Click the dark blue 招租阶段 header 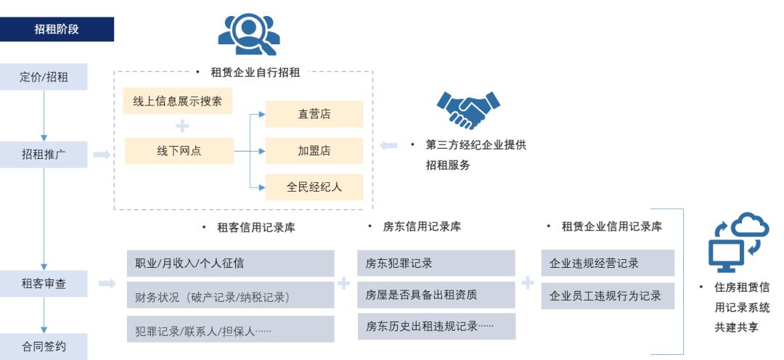click(x=57, y=29)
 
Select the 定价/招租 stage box click(x=44, y=77)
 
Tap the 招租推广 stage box click(x=44, y=154)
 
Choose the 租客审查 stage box click(x=44, y=284)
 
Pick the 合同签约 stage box click(x=44, y=346)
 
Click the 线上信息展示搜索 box click(x=178, y=101)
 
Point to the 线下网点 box click(x=179, y=150)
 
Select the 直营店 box click(x=314, y=114)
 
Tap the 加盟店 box click(x=314, y=150)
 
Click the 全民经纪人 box click(x=314, y=187)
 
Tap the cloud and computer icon click(x=738, y=242)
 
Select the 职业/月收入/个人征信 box click(x=230, y=263)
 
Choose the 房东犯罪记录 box click(x=436, y=263)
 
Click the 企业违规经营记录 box click(x=608, y=263)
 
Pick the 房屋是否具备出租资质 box click(x=436, y=295)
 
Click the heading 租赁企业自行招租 click(x=255, y=73)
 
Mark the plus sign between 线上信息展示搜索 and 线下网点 click(x=182, y=126)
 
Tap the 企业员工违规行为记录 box click(x=608, y=295)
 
